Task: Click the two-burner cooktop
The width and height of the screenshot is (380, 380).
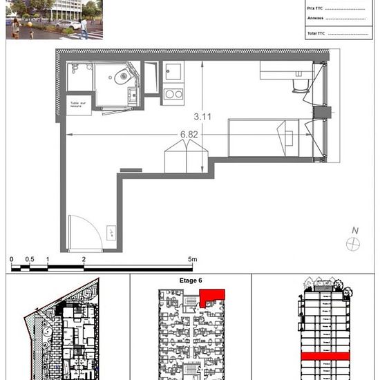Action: click(173, 94)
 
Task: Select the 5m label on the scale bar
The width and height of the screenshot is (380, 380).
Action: click(193, 259)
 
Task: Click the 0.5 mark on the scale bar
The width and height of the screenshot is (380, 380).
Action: click(29, 259)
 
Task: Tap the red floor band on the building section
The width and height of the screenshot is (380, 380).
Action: click(323, 357)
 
